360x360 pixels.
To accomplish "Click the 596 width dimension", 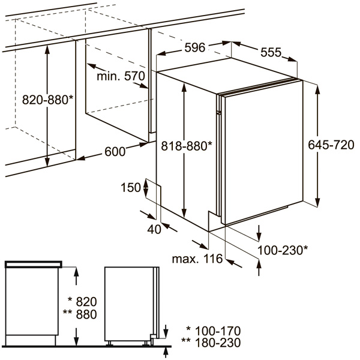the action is click(x=194, y=48).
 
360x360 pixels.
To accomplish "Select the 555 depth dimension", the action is click(x=271, y=52).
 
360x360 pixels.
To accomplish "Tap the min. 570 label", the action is click(x=121, y=76).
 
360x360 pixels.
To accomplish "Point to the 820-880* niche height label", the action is click(x=47, y=100).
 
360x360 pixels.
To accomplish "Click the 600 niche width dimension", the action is click(x=115, y=152).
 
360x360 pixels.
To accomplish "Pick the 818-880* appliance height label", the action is click(x=187, y=146).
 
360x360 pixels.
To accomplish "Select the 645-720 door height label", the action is click(x=331, y=145).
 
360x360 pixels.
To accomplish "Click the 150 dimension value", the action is click(x=131, y=187).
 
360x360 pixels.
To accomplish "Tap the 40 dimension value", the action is click(x=154, y=229).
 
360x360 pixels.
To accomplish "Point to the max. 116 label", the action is click(x=197, y=259).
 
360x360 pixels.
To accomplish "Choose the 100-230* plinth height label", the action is click(x=283, y=250).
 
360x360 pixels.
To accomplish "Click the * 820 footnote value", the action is click(x=83, y=301).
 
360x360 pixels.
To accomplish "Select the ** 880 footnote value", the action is click(x=80, y=314).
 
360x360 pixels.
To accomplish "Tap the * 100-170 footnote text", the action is click(x=214, y=331).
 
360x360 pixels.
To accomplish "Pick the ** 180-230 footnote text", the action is click(x=211, y=343).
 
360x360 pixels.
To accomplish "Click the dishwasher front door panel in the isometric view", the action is click(x=264, y=152).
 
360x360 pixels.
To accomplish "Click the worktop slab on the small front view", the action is click(x=34, y=265).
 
